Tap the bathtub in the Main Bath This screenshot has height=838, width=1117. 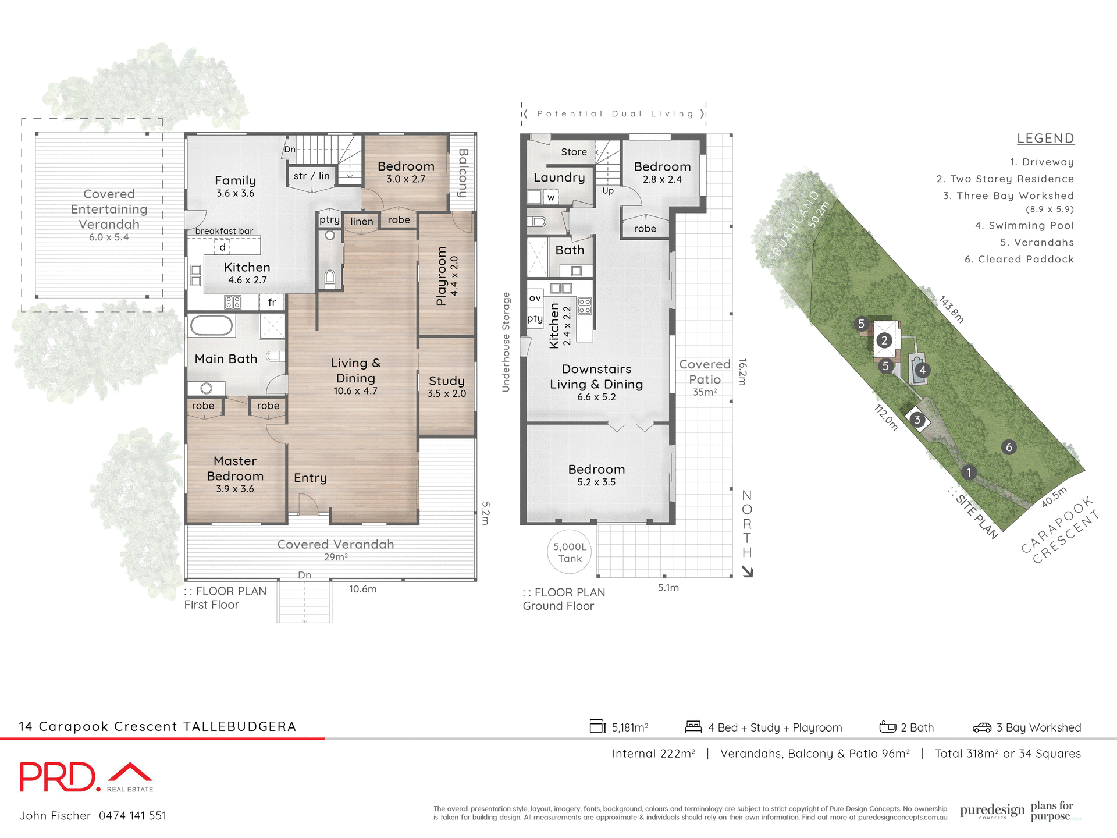click(x=211, y=326)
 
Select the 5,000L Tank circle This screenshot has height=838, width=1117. click(x=570, y=552)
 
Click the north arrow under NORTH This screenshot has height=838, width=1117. click(x=748, y=572)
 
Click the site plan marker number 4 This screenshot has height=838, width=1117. click(x=922, y=370)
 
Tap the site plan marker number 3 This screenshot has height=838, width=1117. click(x=917, y=420)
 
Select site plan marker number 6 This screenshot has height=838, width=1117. click(x=1009, y=447)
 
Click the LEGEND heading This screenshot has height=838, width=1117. click(x=1045, y=139)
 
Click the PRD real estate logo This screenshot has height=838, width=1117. click(x=86, y=777)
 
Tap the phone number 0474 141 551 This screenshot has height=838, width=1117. click(x=133, y=816)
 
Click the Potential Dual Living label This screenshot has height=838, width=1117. click(x=615, y=114)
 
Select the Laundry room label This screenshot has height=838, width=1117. click(x=559, y=177)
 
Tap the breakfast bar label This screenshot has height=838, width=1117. click(x=224, y=231)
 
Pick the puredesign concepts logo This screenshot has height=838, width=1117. click(x=992, y=811)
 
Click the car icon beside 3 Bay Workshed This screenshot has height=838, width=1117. click(x=981, y=727)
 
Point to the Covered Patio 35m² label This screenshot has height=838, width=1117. click(x=705, y=378)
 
